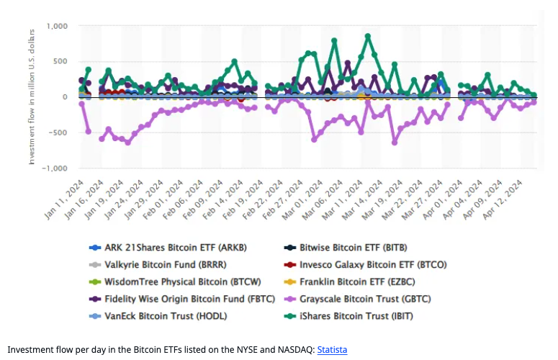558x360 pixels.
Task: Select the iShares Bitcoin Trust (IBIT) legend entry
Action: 350,315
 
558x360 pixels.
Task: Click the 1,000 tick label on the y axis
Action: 57,26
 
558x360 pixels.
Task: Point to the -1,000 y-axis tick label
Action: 54,168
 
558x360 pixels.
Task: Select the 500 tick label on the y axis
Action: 60,61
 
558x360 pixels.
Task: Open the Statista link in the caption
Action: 332,349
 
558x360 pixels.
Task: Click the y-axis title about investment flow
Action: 32,97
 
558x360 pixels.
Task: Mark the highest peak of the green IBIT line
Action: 368,35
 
